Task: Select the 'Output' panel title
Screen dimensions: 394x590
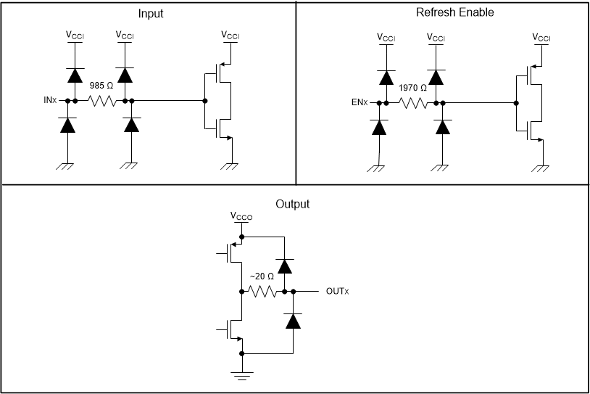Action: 293,204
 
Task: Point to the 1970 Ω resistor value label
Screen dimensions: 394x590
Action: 412,88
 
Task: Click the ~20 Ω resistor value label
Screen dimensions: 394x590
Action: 262,276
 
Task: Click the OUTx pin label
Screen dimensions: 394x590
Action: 338,292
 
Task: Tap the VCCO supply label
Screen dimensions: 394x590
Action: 241,216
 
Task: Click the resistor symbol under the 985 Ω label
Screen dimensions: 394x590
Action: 101,101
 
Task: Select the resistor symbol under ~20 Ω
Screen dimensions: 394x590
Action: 262,292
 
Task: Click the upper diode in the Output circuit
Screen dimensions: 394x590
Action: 285,266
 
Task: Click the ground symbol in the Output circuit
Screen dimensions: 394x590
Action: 241,375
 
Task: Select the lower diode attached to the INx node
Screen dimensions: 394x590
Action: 67,126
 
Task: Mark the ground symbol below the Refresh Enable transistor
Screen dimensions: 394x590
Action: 541,168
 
